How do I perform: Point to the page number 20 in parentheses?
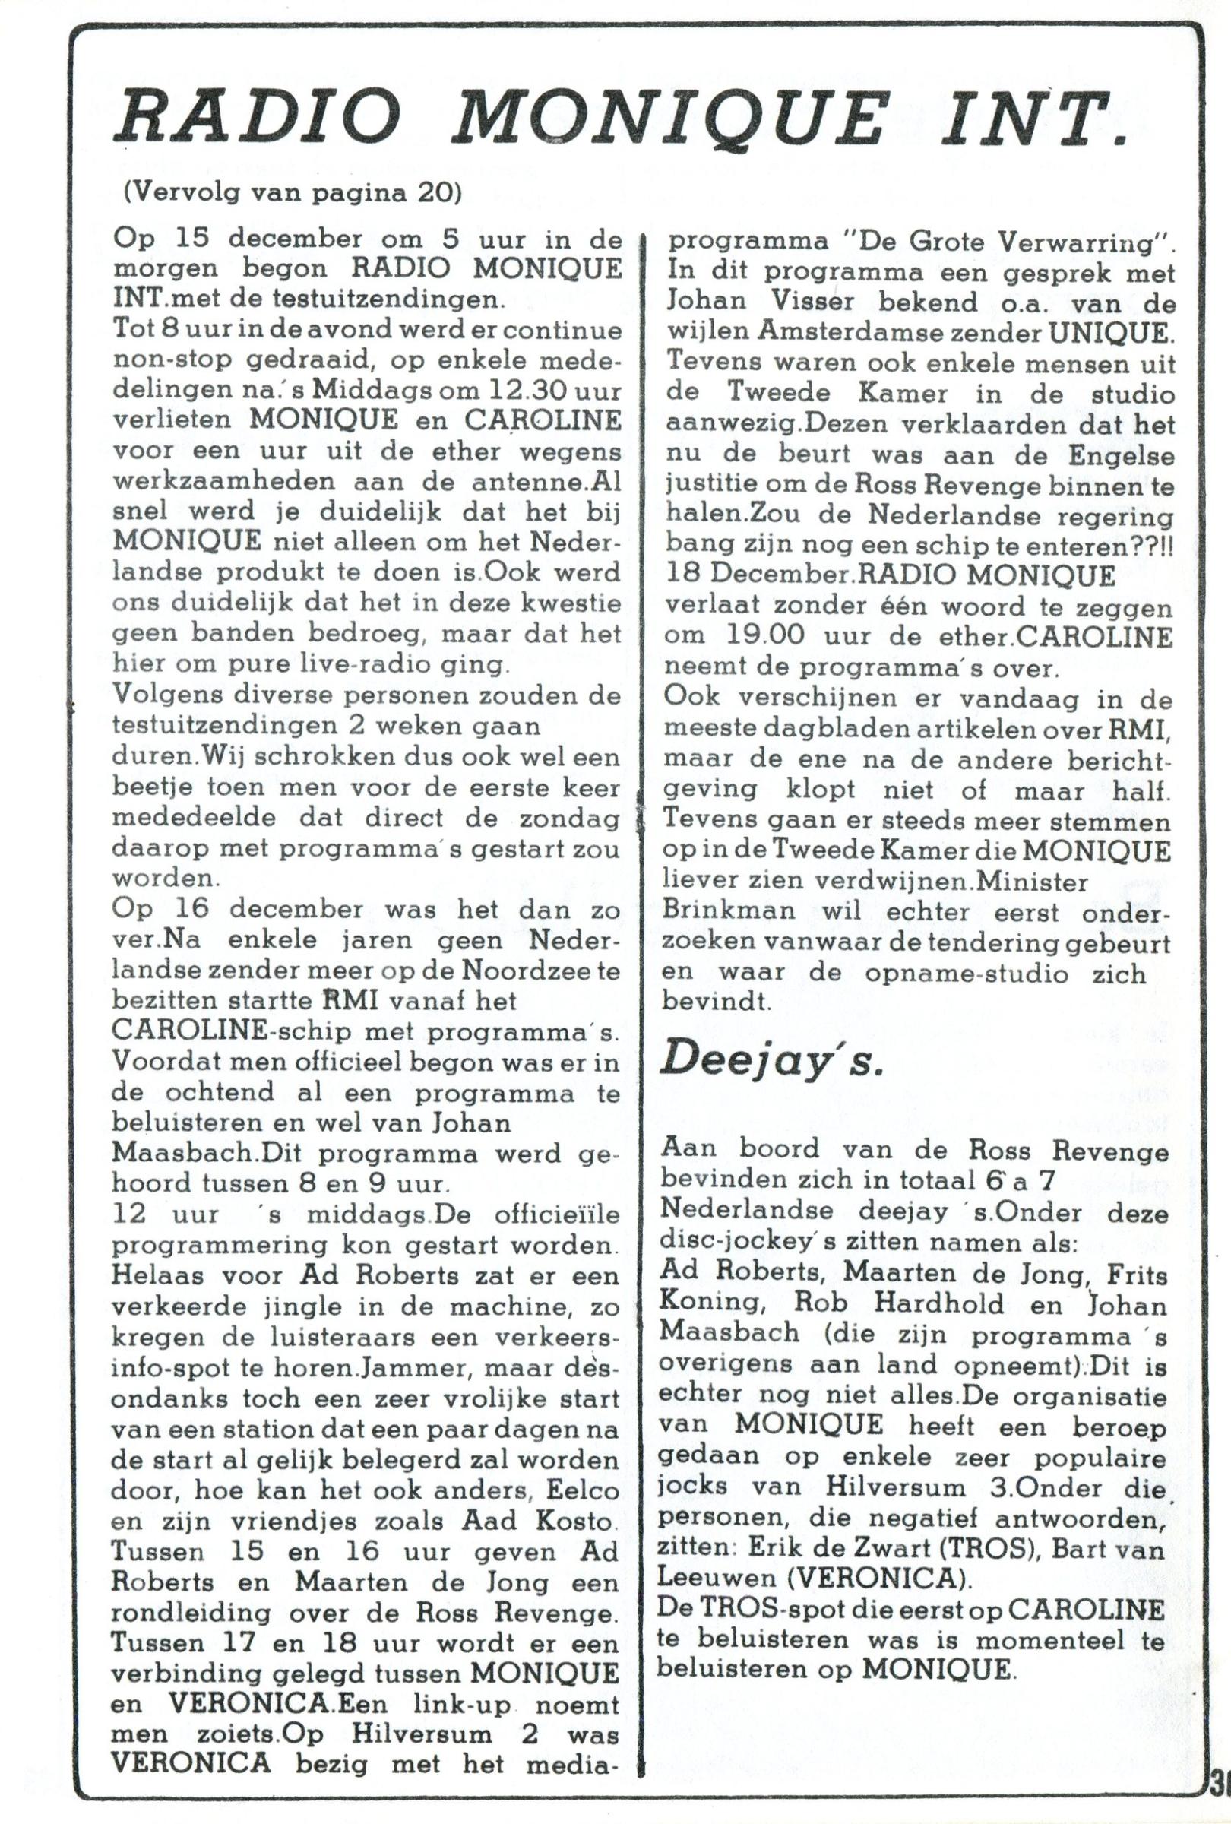tap(431, 193)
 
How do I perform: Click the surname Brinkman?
tap(721, 914)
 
